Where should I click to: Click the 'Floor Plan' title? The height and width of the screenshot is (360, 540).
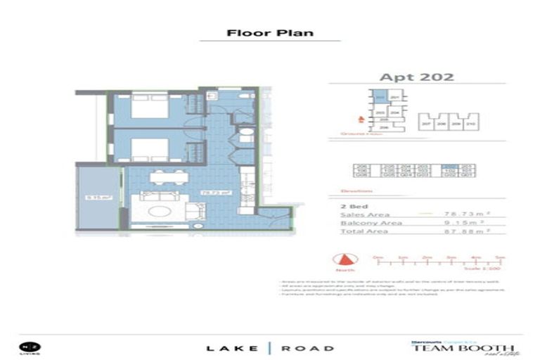click(x=270, y=33)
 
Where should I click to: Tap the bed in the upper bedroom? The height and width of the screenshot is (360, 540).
click(x=148, y=110)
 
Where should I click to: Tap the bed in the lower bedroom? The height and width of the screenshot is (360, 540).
click(x=148, y=150)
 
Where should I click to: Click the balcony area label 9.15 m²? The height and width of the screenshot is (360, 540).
click(x=94, y=198)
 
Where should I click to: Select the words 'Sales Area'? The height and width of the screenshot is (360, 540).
click(x=364, y=214)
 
